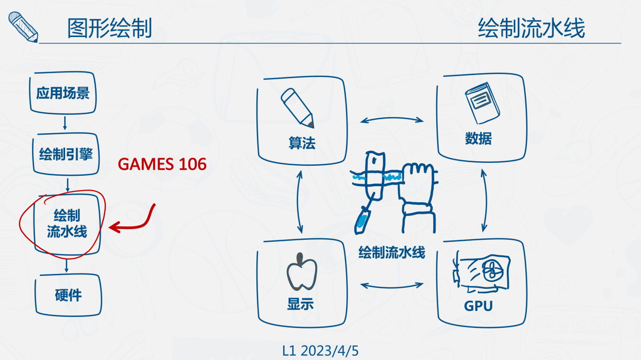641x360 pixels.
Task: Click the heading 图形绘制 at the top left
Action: pos(110,29)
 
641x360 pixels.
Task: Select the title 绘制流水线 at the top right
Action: pos(531,29)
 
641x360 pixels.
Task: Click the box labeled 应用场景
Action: pos(63,93)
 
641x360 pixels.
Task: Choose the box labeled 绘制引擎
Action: pos(66,154)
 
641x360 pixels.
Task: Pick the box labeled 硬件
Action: pos(68,295)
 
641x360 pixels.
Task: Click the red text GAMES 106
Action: pos(162,164)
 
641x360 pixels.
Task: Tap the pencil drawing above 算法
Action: pos(298,107)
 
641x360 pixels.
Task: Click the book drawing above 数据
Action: pos(483,106)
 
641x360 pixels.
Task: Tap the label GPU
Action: pos(478,306)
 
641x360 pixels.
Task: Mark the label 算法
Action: pos(301,144)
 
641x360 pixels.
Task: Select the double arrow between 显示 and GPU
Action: pos(392,285)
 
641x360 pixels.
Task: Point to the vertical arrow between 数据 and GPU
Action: pos(484,200)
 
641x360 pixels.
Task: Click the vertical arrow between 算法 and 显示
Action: pos(300,201)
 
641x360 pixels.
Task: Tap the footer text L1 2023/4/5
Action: pos(320,351)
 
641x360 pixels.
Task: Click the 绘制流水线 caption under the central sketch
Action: pos(392,252)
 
